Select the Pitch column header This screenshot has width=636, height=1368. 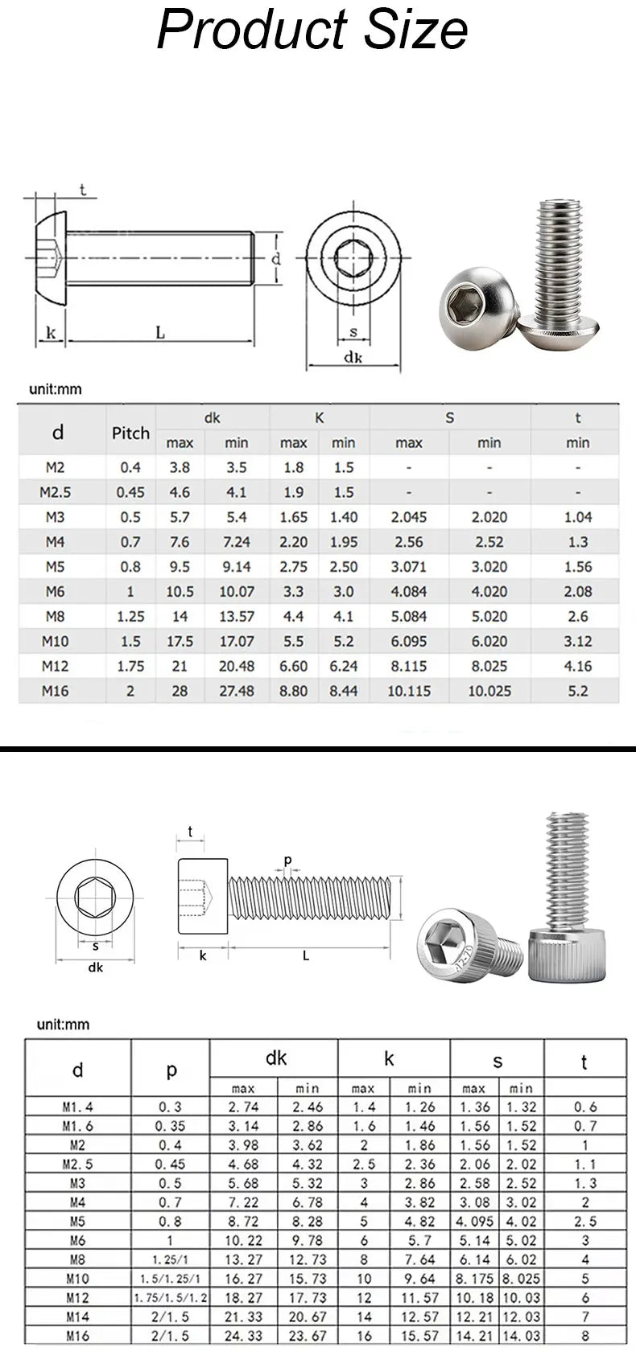click(x=130, y=433)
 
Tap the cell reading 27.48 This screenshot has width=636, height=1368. click(x=236, y=691)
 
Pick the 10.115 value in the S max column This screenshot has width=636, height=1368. click(x=409, y=691)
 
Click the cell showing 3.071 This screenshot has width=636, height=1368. click(x=409, y=567)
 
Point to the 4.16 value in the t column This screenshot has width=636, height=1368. click(x=577, y=666)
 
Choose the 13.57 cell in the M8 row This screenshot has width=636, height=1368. click(x=236, y=617)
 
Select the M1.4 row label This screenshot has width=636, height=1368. click(x=77, y=1107)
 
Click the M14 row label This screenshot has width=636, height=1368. click(x=77, y=1317)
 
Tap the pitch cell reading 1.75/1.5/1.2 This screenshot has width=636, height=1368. click(x=170, y=1297)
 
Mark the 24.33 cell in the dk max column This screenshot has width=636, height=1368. click(x=242, y=1336)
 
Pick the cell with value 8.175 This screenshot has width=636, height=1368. click(x=473, y=1279)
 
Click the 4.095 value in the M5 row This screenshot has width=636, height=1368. click(x=473, y=1222)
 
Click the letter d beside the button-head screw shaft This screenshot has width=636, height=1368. click(x=275, y=259)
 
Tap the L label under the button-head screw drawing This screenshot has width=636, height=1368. click(x=160, y=332)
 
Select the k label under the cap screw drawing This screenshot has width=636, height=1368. click(x=203, y=955)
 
